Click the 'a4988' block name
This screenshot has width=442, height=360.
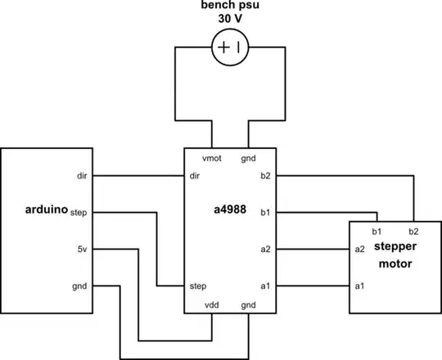tap(232, 211)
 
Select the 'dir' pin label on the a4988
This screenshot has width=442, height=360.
tap(194, 175)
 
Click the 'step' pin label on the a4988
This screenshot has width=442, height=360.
tap(197, 286)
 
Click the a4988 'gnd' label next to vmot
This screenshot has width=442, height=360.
tap(248, 157)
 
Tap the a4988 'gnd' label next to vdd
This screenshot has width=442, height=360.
tap(248, 304)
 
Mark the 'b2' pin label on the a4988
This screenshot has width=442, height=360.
tap(265, 175)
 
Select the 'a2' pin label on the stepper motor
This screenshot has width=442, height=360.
tap(359, 249)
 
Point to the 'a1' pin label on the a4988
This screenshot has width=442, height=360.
tap(265, 286)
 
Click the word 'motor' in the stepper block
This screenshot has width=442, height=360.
tap(395, 265)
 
